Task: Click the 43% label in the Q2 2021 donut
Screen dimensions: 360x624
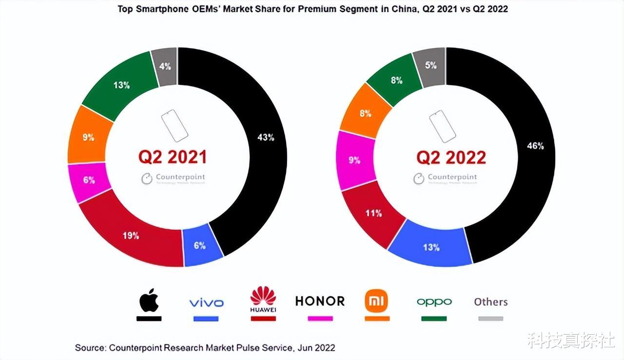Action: tap(266, 138)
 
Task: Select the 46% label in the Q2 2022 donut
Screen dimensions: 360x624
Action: tap(535, 145)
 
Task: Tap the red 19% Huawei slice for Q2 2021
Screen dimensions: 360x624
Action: tap(131, 236)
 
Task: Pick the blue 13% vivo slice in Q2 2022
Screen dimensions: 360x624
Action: tap(431, 247)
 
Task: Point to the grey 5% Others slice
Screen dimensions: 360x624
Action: tap(430, 65)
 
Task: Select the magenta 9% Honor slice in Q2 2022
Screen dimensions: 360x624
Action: tap(354, 160)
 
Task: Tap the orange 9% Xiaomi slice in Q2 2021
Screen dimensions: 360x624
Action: tap(88, 138)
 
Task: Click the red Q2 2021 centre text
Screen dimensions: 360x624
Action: tap(173, 157)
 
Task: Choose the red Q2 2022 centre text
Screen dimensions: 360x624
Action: tap(451, 157)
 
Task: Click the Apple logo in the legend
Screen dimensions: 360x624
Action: tap(149, 301)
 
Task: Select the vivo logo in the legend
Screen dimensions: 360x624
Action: tap(206, 303)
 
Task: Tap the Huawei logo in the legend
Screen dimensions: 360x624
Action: tap(263, 300)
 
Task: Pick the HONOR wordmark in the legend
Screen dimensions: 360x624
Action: tap(320, 301)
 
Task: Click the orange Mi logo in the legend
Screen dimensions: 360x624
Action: tap(377, 301)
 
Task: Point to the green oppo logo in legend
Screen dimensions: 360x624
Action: tap(434, 302)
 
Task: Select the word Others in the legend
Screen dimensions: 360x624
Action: tap(491, 302)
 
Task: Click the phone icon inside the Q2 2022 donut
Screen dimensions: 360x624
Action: tap(442, 126)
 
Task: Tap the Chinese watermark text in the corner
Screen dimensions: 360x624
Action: tap(570, 340)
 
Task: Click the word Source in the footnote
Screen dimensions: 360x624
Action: tap(90, 348)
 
